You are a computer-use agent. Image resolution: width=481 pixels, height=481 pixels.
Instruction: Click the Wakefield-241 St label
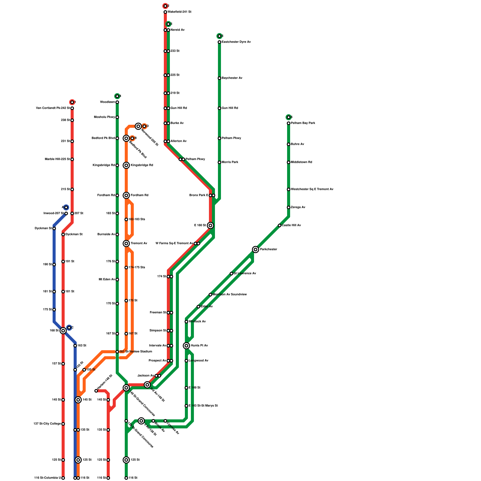(x=179, y=12)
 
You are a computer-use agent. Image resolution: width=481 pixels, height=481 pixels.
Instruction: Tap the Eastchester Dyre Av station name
(x=236, y=42)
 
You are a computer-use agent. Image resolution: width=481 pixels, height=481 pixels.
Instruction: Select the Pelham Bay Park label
(x=303, y=123)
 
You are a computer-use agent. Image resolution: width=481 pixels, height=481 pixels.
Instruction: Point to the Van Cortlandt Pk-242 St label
(x=53, y=108)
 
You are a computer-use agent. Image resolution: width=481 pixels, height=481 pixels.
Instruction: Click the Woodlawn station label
(x=107, y=102)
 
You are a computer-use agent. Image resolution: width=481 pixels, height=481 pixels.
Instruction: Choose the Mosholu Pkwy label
(x=104, y=117)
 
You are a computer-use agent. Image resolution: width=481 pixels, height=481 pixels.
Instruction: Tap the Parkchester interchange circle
(x=256, y=249)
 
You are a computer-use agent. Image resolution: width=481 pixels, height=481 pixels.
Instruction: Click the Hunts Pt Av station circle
(x=186, y=346)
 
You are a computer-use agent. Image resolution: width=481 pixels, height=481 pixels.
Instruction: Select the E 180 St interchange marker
(x=210, y=225)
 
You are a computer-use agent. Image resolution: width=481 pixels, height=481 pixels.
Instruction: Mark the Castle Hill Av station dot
(x=280, y=225)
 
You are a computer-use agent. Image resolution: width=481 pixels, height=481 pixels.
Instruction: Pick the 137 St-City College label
(x=47, y=424)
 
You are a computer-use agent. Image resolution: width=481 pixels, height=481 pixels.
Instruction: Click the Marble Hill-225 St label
(x=57, y=159)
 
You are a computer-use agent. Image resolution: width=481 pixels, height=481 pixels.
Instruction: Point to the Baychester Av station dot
(x=219, y=78)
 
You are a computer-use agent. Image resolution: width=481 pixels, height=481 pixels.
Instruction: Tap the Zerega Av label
(x=298, y=207)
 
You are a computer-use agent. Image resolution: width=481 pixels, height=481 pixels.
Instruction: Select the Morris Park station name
(x=230, y=162)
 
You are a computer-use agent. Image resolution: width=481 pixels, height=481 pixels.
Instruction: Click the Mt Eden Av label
(x=107, y=280)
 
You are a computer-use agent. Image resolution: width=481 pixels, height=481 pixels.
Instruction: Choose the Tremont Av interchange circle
(x=126, y=244)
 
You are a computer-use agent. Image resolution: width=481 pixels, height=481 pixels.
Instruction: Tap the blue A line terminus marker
(x=66, y=207)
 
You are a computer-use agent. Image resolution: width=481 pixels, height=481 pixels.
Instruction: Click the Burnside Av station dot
(x=117, y=234)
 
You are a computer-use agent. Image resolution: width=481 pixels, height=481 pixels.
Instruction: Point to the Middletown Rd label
(x=302, y=162)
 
